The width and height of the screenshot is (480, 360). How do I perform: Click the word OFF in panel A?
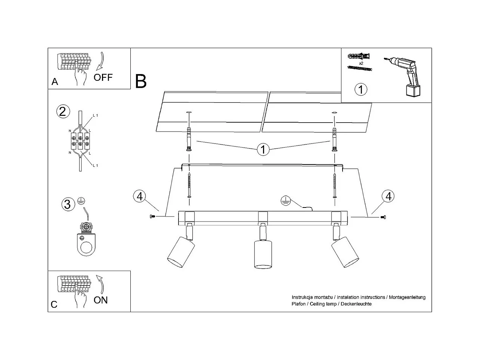tap(103, 77)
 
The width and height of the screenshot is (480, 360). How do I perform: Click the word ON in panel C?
tap(100, 300)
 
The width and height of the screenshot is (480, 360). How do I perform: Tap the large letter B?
tap(141, 81)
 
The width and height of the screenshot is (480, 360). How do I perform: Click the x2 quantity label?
tap(361, 63)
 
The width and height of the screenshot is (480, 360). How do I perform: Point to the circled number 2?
tap(63, 112)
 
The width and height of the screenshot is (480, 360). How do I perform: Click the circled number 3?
tap(68, 204)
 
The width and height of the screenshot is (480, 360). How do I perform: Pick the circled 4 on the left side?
tap(140, 196)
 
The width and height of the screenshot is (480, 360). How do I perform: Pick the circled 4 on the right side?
tap(388, 196)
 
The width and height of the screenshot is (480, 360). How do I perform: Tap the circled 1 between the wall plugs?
tap(263, 150)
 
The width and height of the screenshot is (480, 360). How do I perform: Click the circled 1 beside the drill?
tap(360, 89)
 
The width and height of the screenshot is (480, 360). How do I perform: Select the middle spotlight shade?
tap(263, 254)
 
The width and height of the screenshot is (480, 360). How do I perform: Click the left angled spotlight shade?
tap(181, 252)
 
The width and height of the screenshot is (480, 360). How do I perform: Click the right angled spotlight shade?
tap(345, 252)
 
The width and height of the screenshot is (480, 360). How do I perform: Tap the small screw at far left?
tap(152, 216)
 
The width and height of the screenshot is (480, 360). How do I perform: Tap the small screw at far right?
tap(383, 217)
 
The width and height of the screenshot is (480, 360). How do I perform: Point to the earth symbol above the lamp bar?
tap(286, 200)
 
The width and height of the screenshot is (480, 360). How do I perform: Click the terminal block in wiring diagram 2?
tap(80, 141)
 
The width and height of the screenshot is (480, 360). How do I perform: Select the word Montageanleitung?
tap(407, 297)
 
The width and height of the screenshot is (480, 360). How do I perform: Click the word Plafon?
tap(298, 304)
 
